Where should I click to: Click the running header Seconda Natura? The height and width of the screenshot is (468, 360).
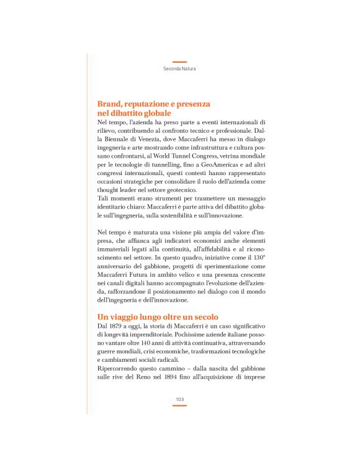click(x=179, y=68)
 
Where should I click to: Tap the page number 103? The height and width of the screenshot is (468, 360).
click(x=179, y=399)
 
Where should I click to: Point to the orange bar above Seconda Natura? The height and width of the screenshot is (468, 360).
click(x=179, y=62)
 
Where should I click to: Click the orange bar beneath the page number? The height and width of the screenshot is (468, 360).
click(x=179, y=405)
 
